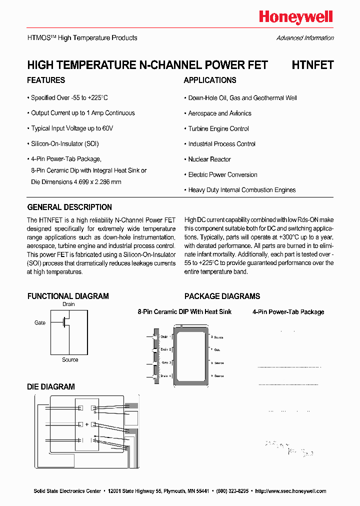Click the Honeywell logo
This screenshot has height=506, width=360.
pyautogui.click(x=295, y=17)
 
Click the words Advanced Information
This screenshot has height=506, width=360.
pyautogui.click(x=305, y=38)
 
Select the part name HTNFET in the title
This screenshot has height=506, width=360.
pyautogui.click(x=312, y=65)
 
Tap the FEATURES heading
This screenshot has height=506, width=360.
pyautogui.click(x=46, y=80)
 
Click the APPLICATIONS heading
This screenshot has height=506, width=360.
pyautogui.click(x=210, y=80)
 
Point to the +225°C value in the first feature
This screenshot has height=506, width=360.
pyautogui.click(x=98, y=98)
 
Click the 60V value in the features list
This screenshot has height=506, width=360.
pyautogui.click(x=107, y=128)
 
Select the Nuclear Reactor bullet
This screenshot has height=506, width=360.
pyautogui.click(x=209, y=159)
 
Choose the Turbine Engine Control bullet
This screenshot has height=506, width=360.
pyautogui.click(x=218, y=129)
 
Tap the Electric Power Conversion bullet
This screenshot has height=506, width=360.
pyautogui.click(x=222, y=175)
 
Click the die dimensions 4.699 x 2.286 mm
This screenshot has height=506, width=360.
pyautogui.click(x=91, y=182)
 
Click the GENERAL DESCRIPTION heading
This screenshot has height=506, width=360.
pyautogui.click(x=69, y=207)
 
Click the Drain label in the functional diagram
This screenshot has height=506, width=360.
pyautogui.click(x=68, y=304)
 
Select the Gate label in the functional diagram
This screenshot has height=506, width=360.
pyautogui.click(x=40, y=323)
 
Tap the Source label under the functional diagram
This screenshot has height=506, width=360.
pyautogui.click(x=70, y=359)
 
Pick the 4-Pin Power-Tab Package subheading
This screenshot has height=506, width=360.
pyautogui.click(x=288, y=312)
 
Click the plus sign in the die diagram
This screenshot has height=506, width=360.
pyautogui.click(x=86, y=424)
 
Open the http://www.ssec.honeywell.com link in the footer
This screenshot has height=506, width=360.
pyautogui.click(x=290, y=491)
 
